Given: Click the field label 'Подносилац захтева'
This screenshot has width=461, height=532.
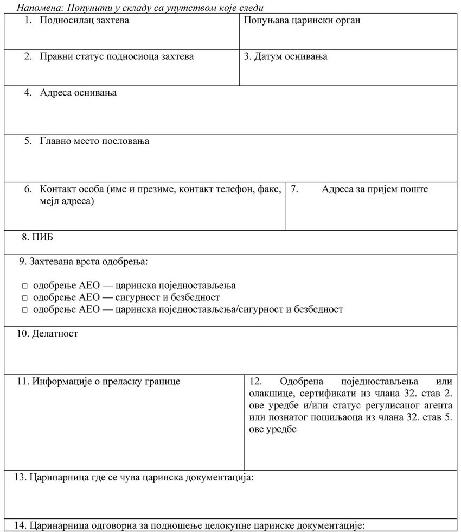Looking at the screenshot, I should click(x=84, y=21).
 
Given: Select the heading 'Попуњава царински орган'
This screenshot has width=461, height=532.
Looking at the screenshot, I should click(x=302, y=21).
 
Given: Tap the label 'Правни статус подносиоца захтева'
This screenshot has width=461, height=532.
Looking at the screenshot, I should click(x=116, y=56).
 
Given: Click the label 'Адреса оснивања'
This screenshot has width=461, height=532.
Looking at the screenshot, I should click(x=78, y=93).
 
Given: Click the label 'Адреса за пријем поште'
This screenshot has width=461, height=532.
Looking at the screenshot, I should click(x=374, y=189).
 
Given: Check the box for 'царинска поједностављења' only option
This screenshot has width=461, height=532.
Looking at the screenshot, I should click(x=25, y=286).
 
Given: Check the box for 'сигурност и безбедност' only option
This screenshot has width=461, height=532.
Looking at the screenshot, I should click(x=25, y=297).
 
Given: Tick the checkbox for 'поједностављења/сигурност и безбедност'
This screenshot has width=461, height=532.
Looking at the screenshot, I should click(x=25, y=309).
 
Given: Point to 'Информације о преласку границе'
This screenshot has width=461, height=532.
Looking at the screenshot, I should click(x=106, y=382).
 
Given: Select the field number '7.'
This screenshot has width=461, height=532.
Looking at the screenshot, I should click(x=295, y=189).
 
